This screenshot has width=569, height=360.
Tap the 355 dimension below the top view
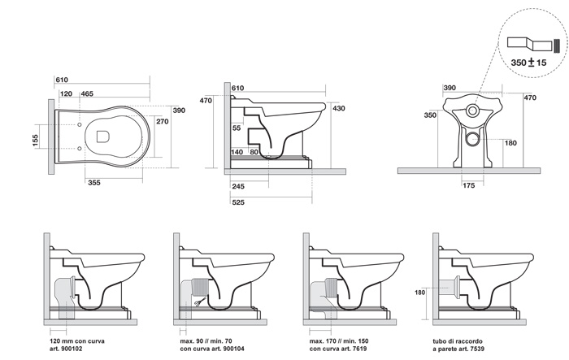96,184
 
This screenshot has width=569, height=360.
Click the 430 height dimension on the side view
339,108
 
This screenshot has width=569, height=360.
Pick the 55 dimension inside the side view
236,128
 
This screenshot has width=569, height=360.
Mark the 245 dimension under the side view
238,187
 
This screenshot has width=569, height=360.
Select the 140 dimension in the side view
237,152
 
